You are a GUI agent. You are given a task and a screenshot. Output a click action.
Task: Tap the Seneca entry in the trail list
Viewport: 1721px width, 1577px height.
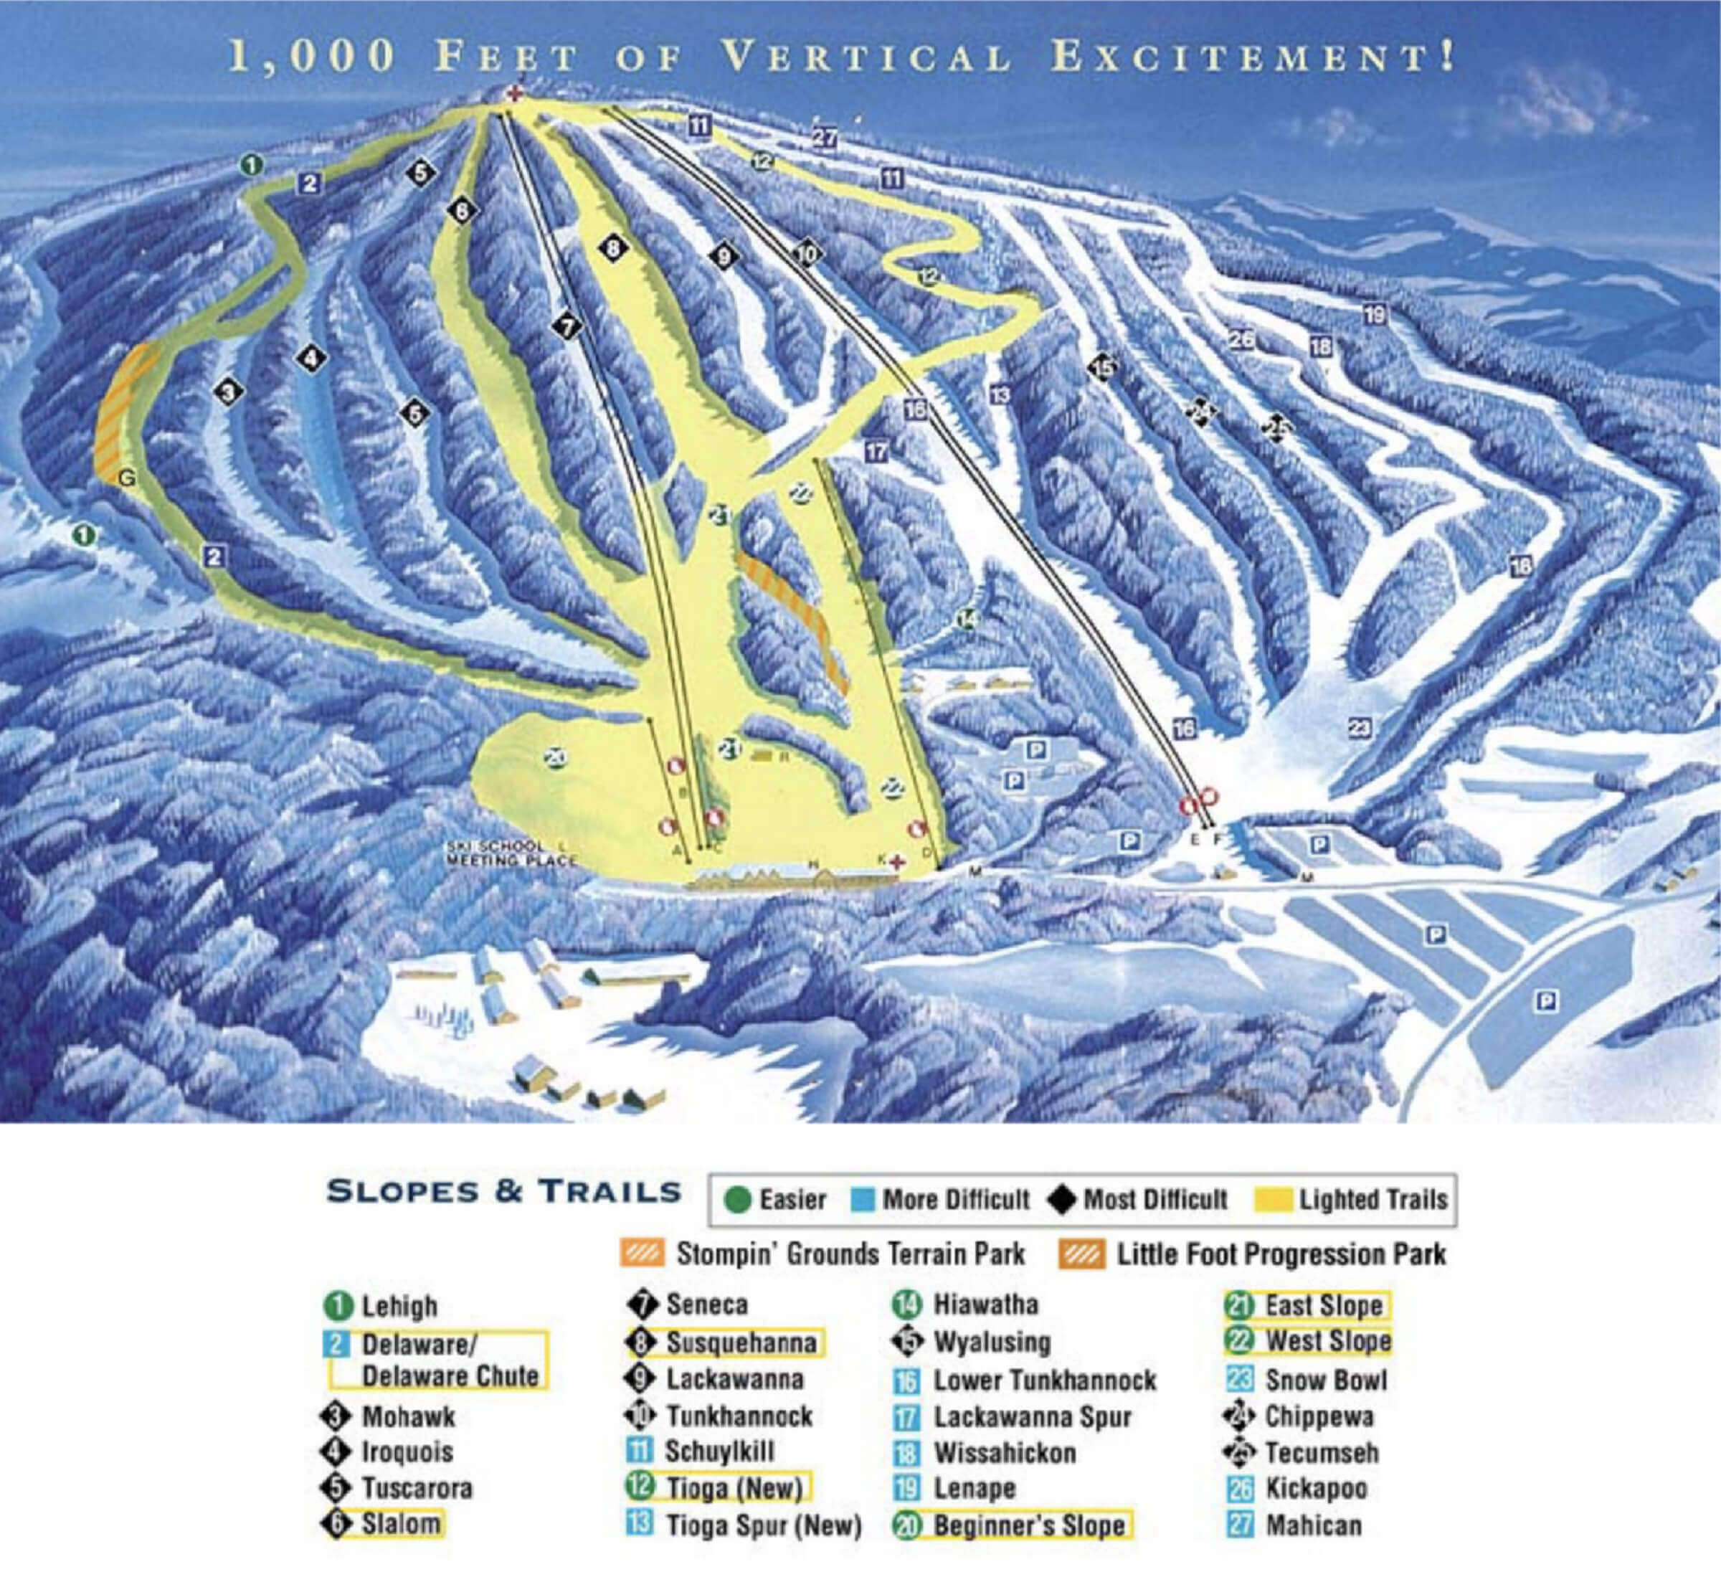(706, 1304)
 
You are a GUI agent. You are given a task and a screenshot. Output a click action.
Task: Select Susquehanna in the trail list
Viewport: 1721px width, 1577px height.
(739, 1342)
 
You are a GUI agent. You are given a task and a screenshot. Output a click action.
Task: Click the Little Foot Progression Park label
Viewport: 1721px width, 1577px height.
(1281, 1254)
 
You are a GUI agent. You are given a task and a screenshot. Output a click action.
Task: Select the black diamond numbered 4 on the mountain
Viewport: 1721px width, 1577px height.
(312, 358)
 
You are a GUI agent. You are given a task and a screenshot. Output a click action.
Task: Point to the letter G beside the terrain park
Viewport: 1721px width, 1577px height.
(126, 479)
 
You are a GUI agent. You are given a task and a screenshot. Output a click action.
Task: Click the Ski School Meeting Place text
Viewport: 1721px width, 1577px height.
(511, 853)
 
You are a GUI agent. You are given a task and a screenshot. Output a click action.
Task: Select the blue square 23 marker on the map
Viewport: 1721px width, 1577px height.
(1359, 727)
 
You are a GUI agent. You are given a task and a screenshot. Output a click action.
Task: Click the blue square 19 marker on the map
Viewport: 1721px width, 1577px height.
(1373, 314)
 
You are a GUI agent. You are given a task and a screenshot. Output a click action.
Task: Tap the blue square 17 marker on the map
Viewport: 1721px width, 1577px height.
(877, 451)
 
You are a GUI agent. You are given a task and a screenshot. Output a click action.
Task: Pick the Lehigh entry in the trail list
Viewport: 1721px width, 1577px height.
(399, 1307)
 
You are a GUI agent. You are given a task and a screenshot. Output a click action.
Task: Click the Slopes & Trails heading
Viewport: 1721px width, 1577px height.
(503, 1192)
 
